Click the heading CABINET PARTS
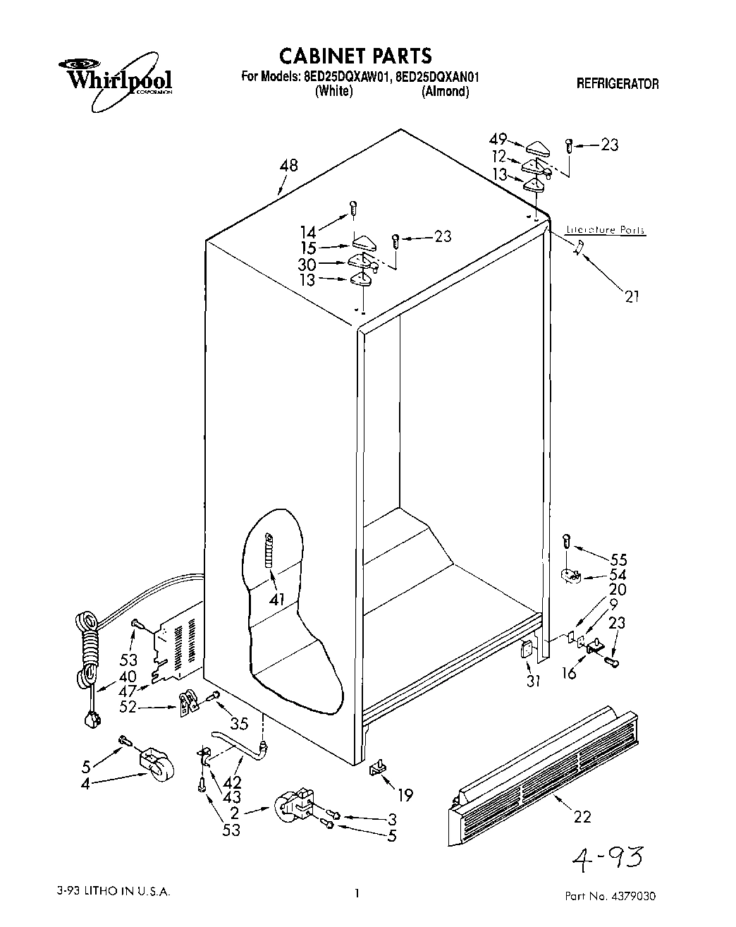click(355, 55)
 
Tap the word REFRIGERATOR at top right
click(618, 84)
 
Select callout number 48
click(288, 166)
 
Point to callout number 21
click(632, 296)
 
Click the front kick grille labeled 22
click(543, 772)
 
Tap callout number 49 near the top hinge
click(498, 140)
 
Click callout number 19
click(404, 796)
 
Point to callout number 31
click(534, 681)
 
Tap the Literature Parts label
click(606, 231)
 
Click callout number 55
click(618, 560)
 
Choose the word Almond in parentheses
click(445, 92)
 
